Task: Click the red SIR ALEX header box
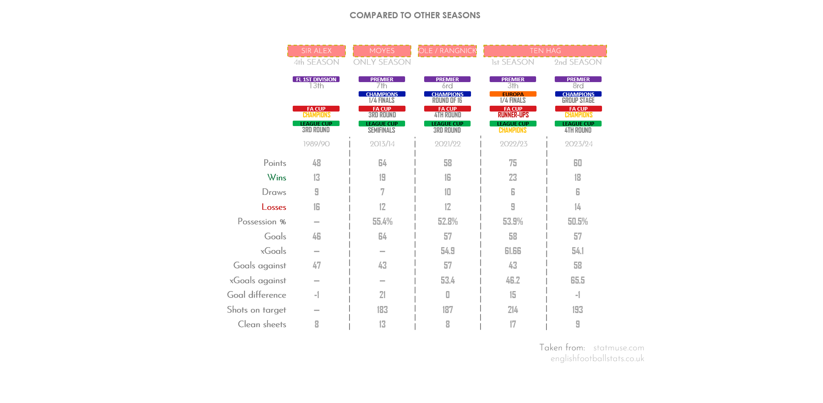coord(316,51)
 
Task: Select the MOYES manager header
coord(382,51)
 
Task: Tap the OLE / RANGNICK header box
coord(447,51)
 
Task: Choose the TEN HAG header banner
coord(545,51)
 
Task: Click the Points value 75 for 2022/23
coord(513,163)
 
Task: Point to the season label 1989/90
coord(316,144)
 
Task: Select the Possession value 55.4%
coord(382,221)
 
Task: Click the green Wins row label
coord(277,177)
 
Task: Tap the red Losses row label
coord(274,207)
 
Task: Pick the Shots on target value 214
coord(513,310)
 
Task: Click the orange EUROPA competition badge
coord(513,94)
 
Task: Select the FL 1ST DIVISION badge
coord(316,79)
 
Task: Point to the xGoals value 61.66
coord(513,251)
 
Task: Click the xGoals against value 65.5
coord(578,280)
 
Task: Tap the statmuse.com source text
coord(618,348)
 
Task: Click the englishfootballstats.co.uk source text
coord(597,359)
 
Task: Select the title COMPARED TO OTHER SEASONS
coord(415,15)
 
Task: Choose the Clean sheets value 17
coord(513,324)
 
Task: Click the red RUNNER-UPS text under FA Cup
coord(513,115)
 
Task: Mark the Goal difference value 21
coord(382,295)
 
